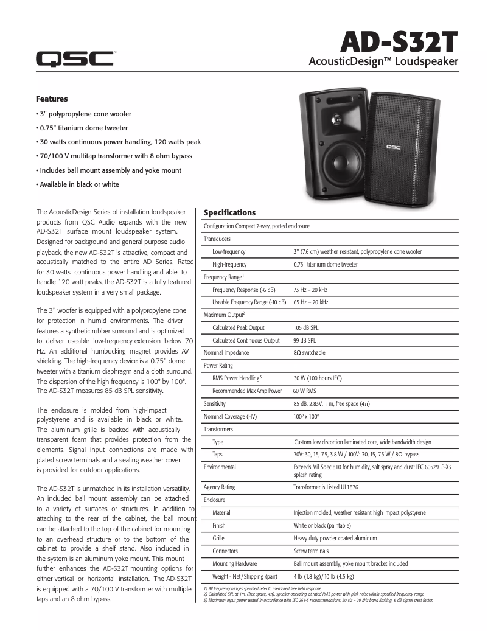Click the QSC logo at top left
tap(74, 58)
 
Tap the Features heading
tap(52, 99)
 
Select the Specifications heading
tap(229, 212)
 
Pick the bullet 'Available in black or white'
tap(78, 184)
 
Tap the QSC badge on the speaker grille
tap(392, 147)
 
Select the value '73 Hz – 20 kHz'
tap(310, 290)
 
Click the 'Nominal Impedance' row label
tap(226, 353)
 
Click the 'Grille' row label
tap(218, 539)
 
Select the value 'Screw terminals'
tap(310, 551)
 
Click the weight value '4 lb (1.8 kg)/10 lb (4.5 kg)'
tap(323, 576)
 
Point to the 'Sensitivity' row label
tap(214, 403)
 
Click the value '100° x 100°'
tap(306, 416)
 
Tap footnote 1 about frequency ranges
tap(262, 589)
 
